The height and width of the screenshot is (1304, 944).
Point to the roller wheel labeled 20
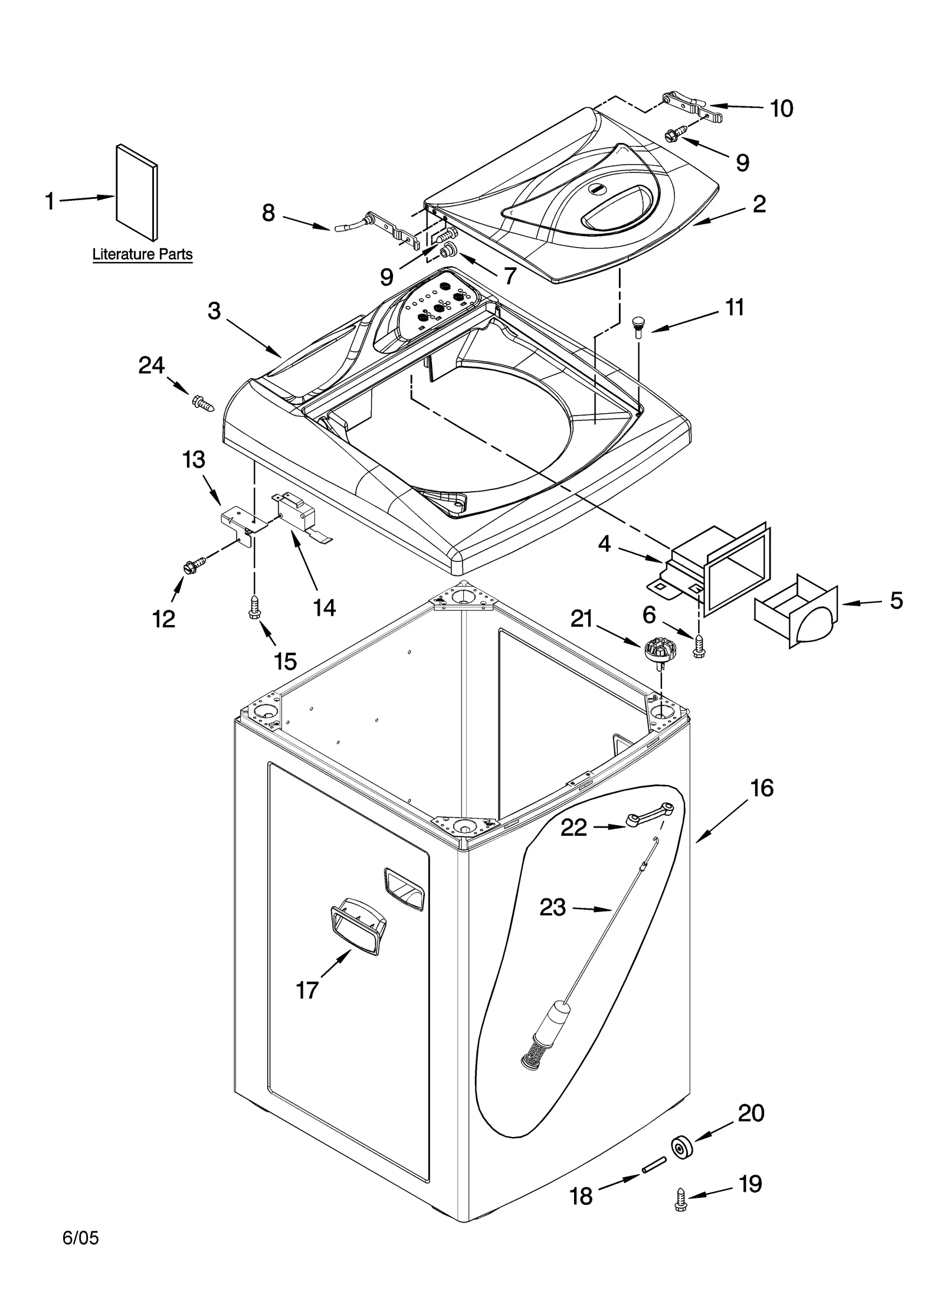click(x=681, y=1147)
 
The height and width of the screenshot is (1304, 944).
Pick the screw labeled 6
click(x=699, y=646)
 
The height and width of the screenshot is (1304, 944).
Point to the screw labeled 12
click(x=194, y=564)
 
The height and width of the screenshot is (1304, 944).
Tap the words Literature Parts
click(x=142, y=254)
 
